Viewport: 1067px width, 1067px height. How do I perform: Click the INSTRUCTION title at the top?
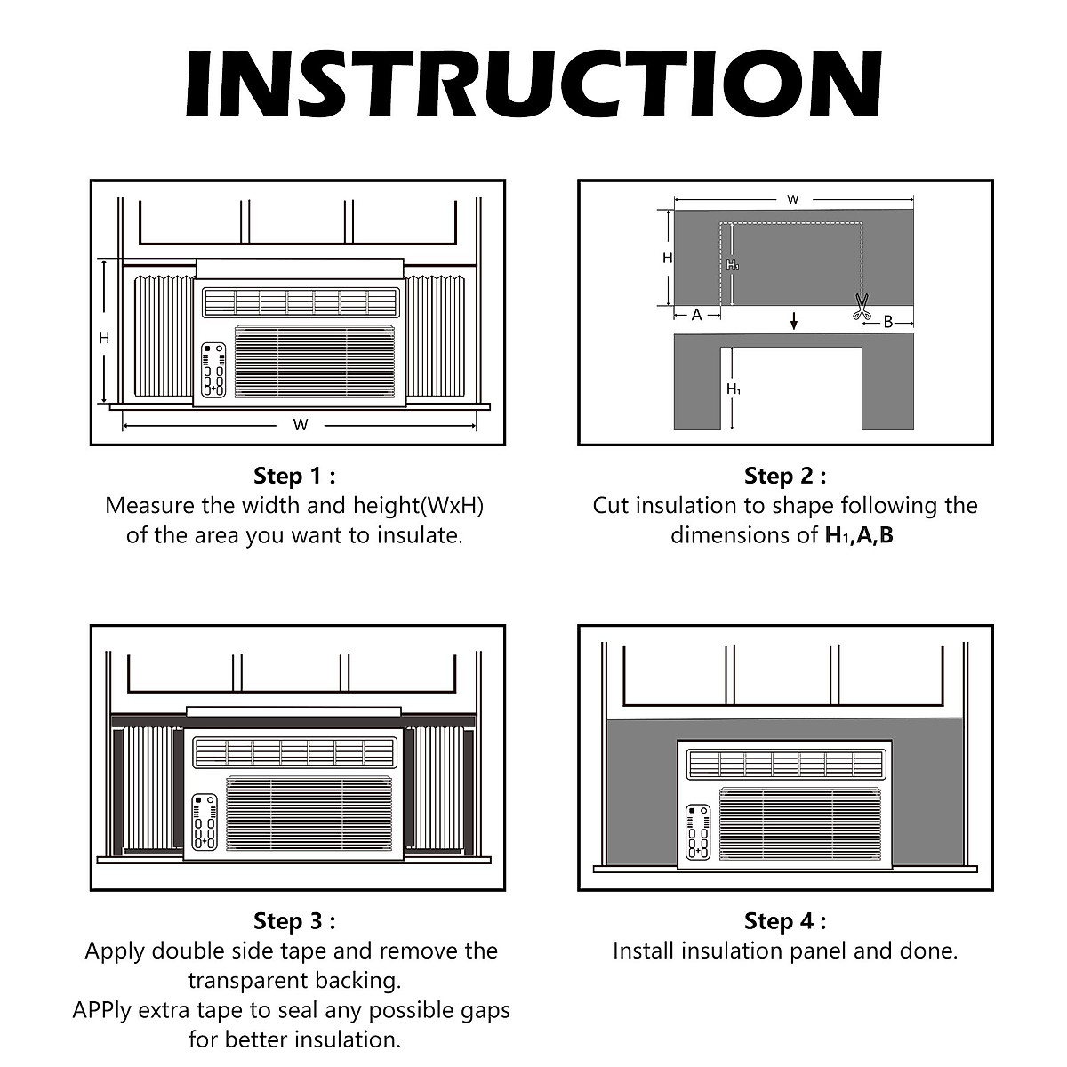533,84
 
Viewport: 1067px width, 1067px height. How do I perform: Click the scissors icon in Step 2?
860,308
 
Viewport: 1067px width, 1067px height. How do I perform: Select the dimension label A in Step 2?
697,315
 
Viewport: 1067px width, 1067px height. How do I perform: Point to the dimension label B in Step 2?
887,322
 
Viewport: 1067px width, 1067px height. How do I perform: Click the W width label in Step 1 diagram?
301,425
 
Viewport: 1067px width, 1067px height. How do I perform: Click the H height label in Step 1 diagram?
104,338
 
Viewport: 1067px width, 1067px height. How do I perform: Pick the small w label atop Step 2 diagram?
793,199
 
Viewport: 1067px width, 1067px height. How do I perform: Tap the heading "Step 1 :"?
294,476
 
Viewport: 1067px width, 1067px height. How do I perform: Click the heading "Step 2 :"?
785,476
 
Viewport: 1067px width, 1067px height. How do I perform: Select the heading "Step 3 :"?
294,920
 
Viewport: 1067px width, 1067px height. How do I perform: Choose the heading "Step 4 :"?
785,920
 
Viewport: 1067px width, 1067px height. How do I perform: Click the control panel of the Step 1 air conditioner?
213,369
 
